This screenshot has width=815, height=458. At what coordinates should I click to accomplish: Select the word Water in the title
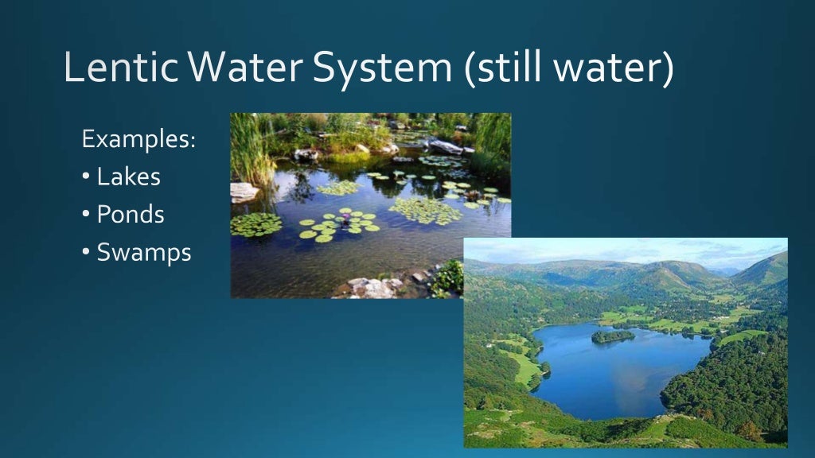click(x=236, y=68)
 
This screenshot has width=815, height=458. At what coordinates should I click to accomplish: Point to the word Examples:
click(x=138, y=140)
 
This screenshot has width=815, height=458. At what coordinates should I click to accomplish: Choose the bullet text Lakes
click(x=128, y=177)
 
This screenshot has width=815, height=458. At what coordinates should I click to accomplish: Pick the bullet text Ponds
click(x=131, y=215)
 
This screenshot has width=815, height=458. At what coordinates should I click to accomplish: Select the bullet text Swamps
click(x=143, y=253)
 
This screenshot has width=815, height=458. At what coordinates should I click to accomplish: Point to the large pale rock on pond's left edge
click(x=244, y=192)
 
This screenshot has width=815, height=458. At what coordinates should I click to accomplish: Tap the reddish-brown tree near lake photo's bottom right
click(x=749, y=430)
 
